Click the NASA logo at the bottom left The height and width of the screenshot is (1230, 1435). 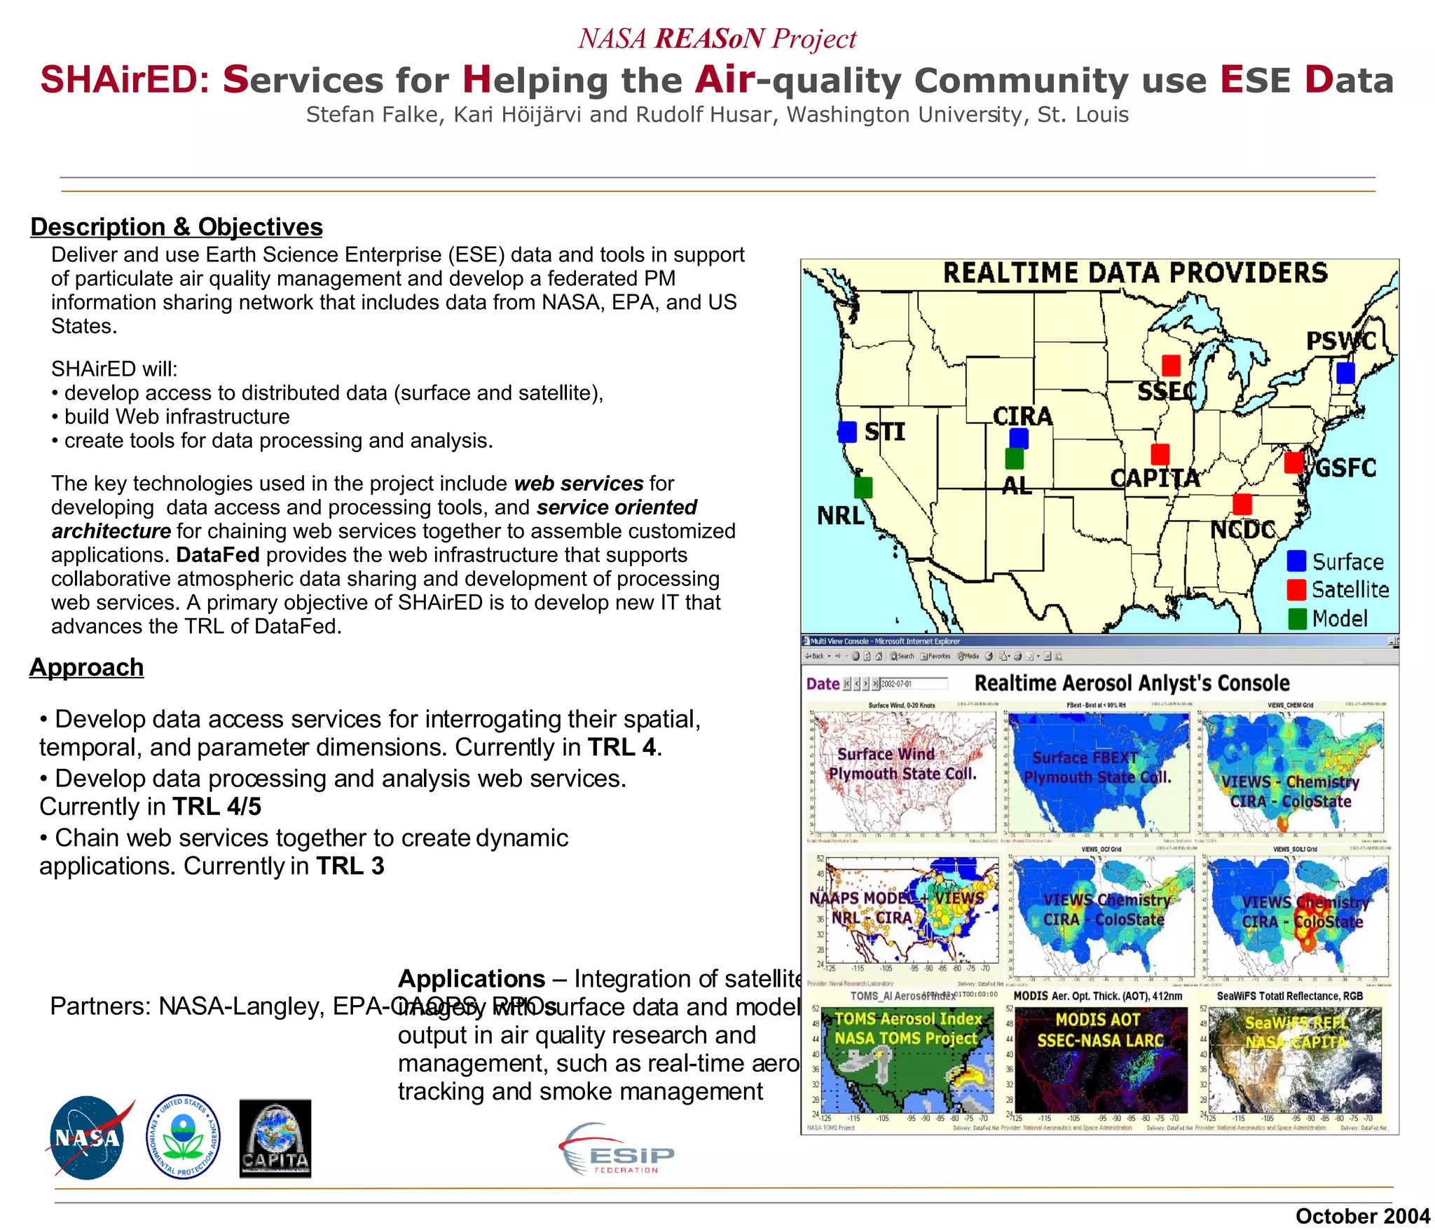pos(88,1137)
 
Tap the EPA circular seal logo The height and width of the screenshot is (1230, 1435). pos(183,1137)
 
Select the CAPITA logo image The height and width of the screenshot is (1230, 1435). pos(275,1138)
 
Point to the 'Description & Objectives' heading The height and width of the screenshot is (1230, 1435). pos(176,227)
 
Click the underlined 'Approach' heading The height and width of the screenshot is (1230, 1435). pos(86,667)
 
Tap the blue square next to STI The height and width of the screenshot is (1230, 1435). pos(847,432)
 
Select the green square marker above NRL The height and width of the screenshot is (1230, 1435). pos(863,487)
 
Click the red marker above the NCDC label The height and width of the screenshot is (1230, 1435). pos(1242,504)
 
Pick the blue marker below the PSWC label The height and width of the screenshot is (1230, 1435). pos(1345,372)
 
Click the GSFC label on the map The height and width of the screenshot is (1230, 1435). pos(1345,467)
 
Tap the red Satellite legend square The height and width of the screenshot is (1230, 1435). pos(1296,589)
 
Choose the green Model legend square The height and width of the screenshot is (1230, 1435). pos(1296,618)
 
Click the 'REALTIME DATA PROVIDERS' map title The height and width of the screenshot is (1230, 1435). pos(1134,273)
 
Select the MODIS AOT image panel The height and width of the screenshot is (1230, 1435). pos(1101,1059)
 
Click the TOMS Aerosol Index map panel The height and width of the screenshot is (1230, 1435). pos(907,1059)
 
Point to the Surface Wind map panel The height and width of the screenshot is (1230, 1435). pos(904,771)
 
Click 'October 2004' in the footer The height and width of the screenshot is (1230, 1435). pos(1362,1216)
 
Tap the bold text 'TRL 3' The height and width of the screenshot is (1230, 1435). pos(350,866)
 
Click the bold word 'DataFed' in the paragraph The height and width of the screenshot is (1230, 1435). pos(218,555)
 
